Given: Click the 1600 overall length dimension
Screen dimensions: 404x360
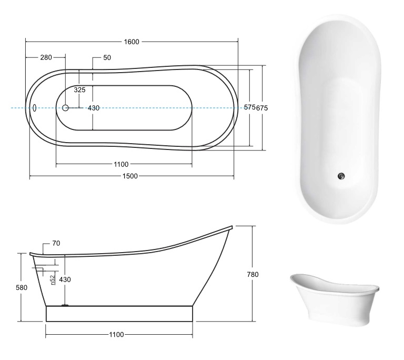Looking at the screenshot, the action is (x=132, y=42).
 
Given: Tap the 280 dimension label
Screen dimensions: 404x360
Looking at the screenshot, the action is (x=46, y=57).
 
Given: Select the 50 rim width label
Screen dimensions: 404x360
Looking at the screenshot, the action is (x=107, y=57).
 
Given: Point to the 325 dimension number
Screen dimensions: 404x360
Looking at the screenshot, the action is (x=79, y=90).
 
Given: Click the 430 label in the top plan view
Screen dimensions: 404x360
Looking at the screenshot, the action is (x=94, y=108).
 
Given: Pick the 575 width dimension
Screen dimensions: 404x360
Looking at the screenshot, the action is (x=249, y=107).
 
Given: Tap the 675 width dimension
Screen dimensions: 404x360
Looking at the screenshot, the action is (x=262, y=108).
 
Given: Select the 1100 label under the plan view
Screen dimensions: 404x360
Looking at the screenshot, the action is (x=121, y=164).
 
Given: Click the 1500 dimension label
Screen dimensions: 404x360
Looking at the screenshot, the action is (x=130, y=176).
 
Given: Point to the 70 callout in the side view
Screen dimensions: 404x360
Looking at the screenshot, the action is (x=56, y=243).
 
